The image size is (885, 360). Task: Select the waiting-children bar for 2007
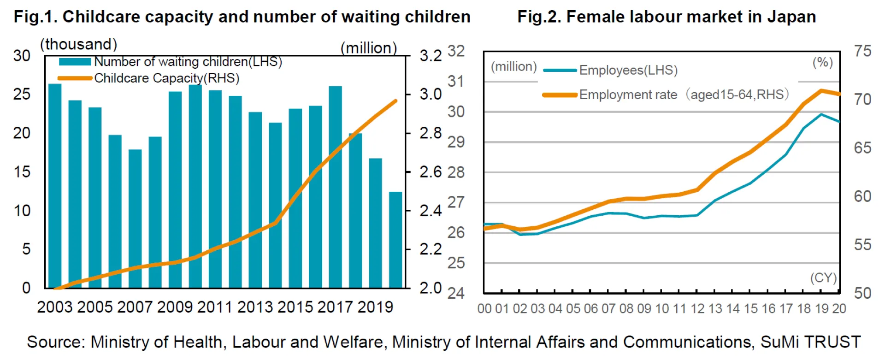[x=135, y=219]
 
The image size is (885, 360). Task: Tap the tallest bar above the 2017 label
[x=335, y=187]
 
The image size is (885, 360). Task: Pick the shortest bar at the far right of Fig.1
[x=395, y=240]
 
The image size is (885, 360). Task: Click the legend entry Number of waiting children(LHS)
[x=188, y=62]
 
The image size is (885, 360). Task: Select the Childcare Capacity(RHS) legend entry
[x=166, y=78]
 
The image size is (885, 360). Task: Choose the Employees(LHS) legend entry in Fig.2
[x=628, y=70]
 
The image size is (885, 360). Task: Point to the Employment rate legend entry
[x=684, y=95]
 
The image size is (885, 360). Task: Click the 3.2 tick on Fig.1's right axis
[x=431, y=56]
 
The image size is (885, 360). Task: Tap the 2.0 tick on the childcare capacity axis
[x=431, y=288]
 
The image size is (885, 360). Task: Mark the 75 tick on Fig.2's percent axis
[x=862, y=51]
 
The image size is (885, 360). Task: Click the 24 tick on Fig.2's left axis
[x=456, y=293]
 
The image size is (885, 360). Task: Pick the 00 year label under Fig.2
[x=484, y=308]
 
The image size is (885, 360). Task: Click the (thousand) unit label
[x=79, y=44]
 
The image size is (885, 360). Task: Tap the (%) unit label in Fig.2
[x=822, y=62]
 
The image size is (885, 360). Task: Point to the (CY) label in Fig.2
[x=823, y=278]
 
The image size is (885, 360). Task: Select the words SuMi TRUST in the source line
[x=810, y=342]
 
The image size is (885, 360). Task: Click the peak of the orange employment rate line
[x=821, y=90]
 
